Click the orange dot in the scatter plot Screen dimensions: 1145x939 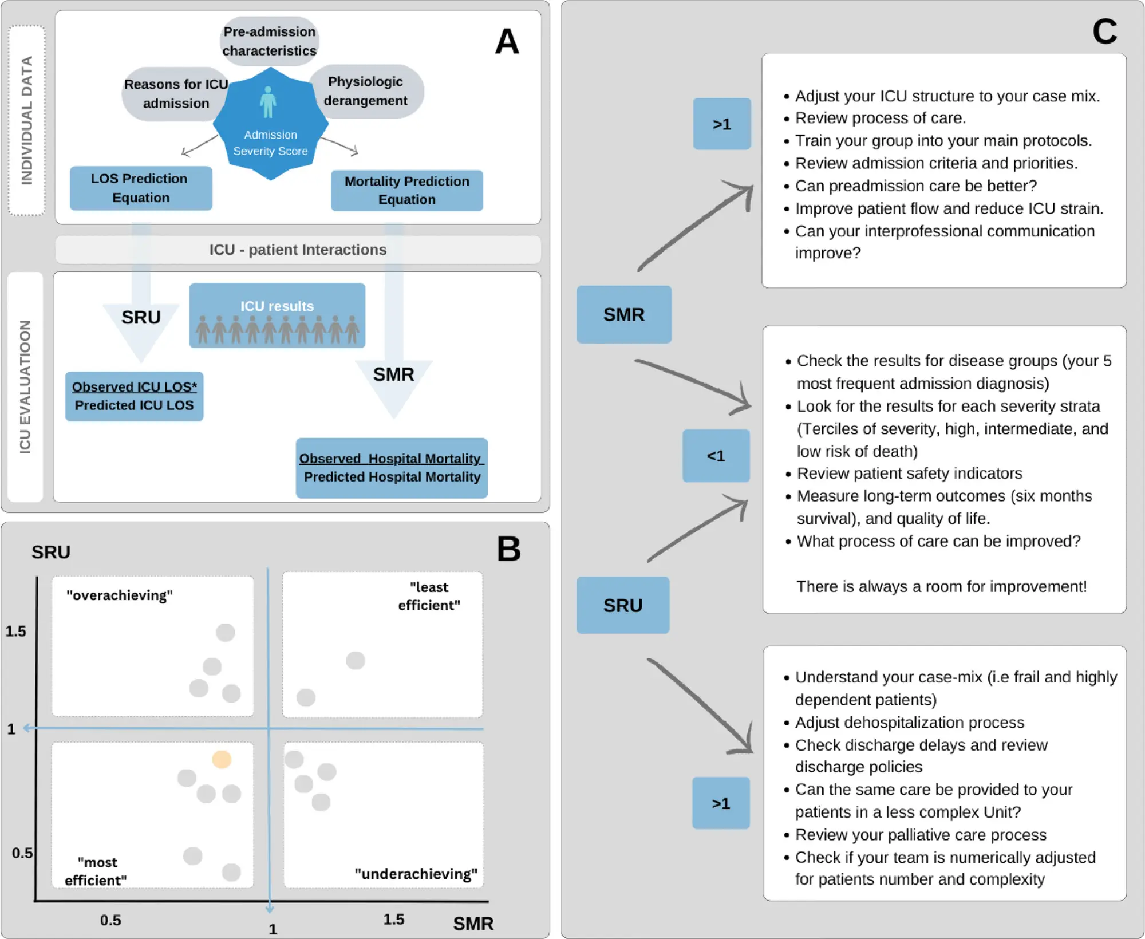(x=222, y=759)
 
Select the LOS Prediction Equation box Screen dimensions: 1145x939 (x=141, y=188)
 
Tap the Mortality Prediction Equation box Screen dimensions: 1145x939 (x=407, y=191)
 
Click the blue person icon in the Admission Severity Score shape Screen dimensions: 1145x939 (x=268, y=102)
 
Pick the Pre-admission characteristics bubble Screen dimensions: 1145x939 (x=270, y=41)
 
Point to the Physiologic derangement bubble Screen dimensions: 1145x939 (x=366, y=91)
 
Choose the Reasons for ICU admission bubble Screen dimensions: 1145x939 (x=176, y=93)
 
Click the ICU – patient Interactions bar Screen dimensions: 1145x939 (x=298, y=250)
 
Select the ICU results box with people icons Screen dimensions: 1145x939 (x=278, y=315)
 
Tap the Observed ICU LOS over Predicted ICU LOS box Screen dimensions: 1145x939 (x=135, y=396)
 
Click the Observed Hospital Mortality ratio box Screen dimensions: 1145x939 (x=392, y=468)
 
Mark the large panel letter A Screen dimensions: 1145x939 (x=507, y=42)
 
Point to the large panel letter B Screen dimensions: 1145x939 (x=509, y=549)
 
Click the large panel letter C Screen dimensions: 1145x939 (x=1105, y=31)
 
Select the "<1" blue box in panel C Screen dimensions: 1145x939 (x=716, y=456)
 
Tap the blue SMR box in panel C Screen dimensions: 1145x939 (x=624, y=314)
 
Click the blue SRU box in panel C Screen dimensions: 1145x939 (x=623, y=605)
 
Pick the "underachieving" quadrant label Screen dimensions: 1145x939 (x=416, y=874)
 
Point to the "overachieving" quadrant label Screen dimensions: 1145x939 (x=120, y=595)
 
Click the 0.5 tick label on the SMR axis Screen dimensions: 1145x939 (x=110, y=920)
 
